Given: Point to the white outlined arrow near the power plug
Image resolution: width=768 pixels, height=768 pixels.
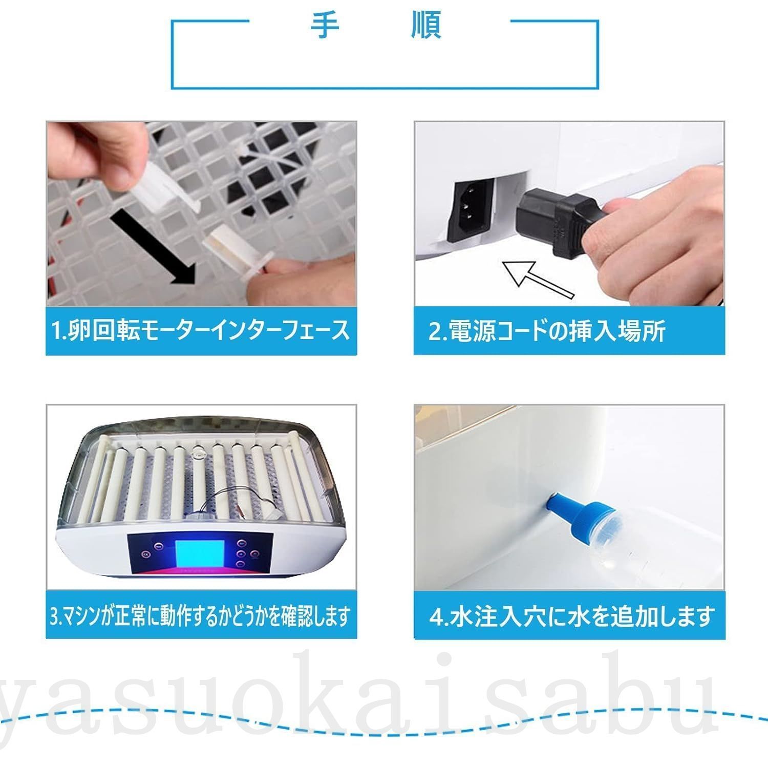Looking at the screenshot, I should click(538, 279).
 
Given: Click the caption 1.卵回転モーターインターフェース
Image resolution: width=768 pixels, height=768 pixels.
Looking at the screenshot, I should click(201, 331).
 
